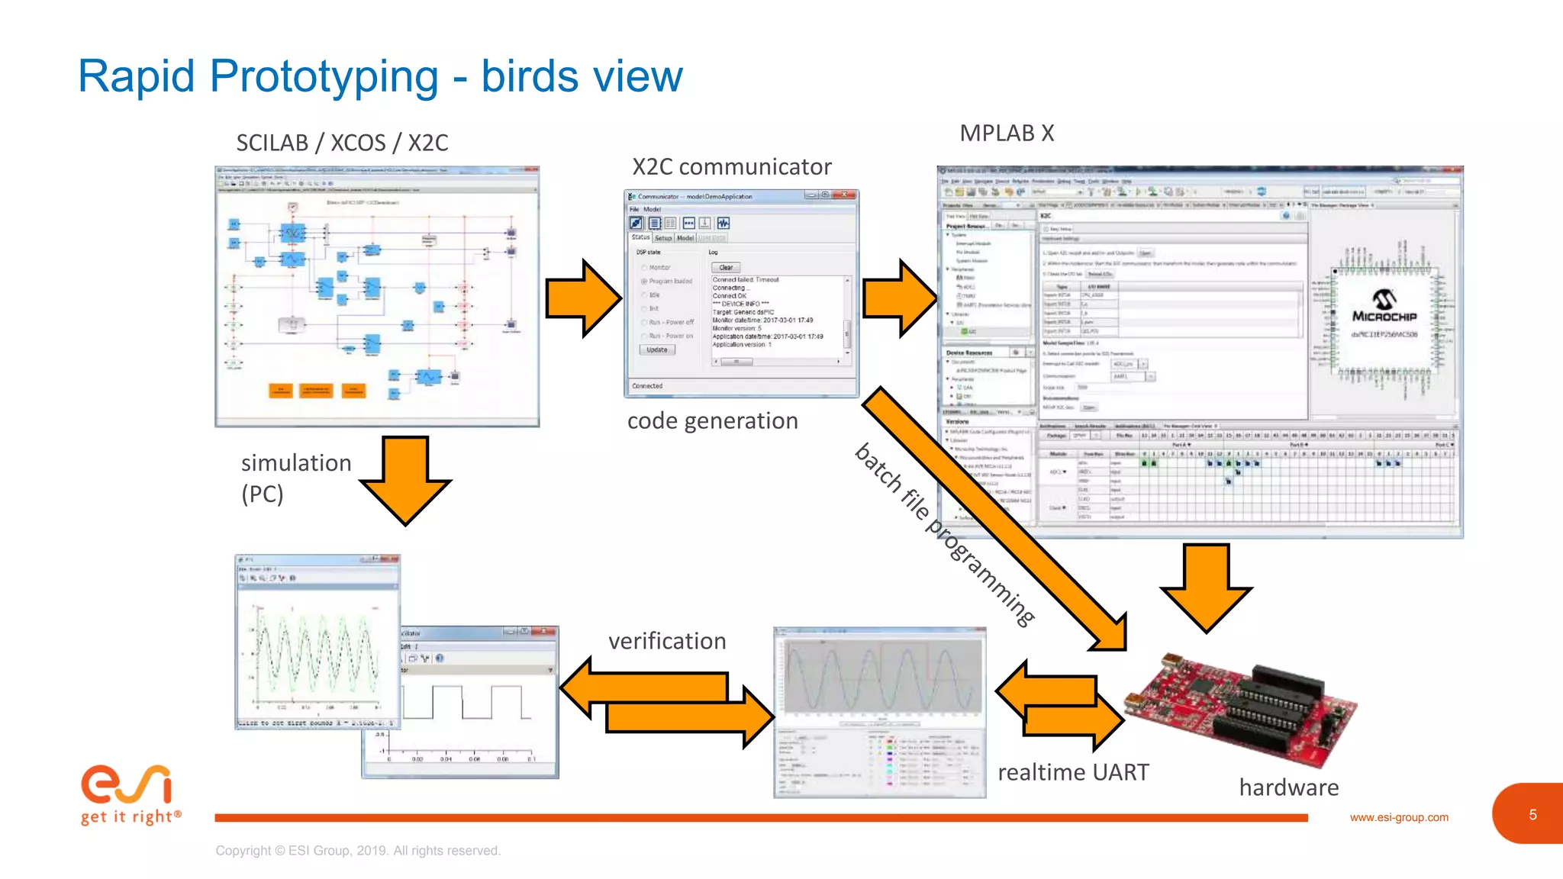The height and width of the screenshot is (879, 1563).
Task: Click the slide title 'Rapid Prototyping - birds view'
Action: click(x=380, y=76)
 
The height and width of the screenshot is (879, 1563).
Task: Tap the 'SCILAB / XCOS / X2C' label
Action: click(x=342, y=143)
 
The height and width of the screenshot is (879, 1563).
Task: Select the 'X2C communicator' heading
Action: click(x=731, y=167)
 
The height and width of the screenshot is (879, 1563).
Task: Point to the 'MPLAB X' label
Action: click(x=1007, y=133)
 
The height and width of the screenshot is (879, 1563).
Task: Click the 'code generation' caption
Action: click(x=712, y=421)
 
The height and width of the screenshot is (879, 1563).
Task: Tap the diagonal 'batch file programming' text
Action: click(x=945, y=534)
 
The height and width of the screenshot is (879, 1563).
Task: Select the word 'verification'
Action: click(x=667, y=641)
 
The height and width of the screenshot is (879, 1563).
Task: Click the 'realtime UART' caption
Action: click(x=1073, y=772)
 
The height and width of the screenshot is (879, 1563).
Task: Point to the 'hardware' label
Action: click(x=1288, y=787)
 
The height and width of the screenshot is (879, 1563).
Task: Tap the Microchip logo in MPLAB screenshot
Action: click(x=1384, y=306)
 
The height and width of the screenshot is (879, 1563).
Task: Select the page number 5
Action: click(x=1532, y=815)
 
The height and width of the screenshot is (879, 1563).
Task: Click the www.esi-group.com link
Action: click(x=1399, y=817)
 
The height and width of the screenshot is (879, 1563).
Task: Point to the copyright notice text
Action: click(x=358, y=851)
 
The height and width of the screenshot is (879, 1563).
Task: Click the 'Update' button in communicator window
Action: click(x=656, y=349)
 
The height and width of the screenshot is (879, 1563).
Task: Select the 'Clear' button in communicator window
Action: click(x=726, y=268)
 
